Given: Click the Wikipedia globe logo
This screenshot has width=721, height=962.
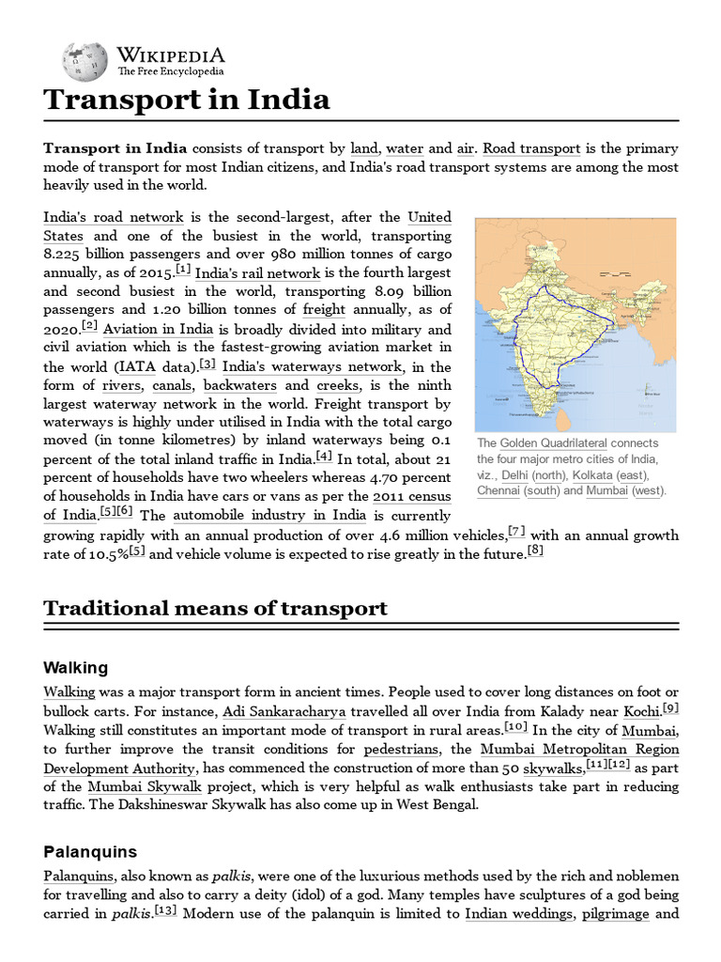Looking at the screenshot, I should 84,61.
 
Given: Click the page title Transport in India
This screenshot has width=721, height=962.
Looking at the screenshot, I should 187,100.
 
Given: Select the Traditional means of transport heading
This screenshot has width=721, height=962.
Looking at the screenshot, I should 215,608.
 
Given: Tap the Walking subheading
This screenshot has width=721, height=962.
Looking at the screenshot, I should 76,668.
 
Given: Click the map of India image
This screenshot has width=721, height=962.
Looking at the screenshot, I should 575,324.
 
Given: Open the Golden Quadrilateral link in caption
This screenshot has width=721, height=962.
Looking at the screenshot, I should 553,443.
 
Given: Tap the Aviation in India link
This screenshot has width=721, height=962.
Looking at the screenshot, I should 159,330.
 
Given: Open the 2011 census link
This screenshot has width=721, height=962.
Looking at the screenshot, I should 411,496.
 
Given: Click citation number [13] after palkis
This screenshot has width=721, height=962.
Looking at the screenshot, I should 165,909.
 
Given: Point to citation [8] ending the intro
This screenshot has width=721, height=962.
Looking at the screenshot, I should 535,551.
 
